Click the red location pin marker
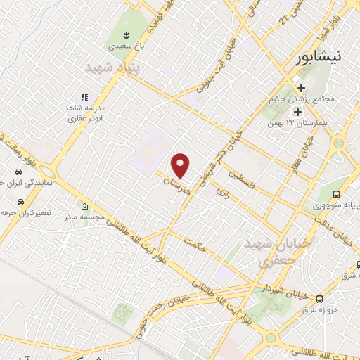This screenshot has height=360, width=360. point(181,165)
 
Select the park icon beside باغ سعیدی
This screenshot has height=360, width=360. point(124,34)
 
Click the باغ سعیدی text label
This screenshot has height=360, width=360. point(124,46)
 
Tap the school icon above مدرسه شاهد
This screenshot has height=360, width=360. point(84,98)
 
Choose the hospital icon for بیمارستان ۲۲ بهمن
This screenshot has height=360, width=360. point(297,111)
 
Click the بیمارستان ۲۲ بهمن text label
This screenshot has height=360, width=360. point(304,123)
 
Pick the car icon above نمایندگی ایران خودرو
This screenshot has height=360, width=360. point(18,172)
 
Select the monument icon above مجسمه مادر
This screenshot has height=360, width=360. point(84,207)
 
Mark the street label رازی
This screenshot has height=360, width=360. point(227,187)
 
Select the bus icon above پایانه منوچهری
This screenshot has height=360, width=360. point(337,194)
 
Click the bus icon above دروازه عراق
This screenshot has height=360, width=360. point(321,298)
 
